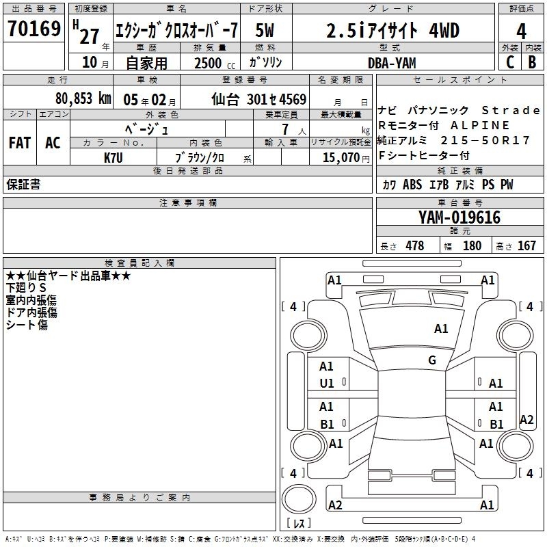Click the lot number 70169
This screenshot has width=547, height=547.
click(x=34, y=28)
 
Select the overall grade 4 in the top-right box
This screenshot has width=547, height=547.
click(x=521, y=31)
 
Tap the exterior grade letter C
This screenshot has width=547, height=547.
click(x=510, y=62)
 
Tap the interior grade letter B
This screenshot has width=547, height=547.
click(x=533, y=62)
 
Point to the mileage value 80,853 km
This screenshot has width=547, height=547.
click(x=83, y=98)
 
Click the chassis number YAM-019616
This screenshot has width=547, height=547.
click(x=459, y=217)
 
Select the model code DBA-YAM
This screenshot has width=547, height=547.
click(x=392, y=63)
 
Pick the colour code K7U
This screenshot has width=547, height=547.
click(x=114, y=158)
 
